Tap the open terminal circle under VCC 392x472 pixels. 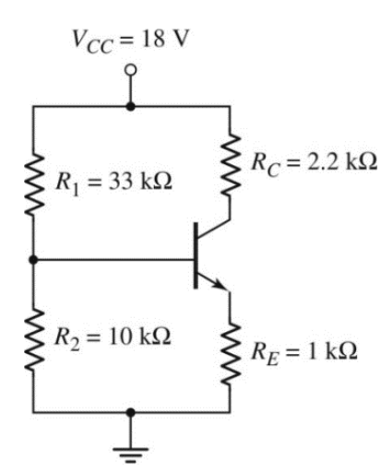(131, 72)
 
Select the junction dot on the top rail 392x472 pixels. (131, 107)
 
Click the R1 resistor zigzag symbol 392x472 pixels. (33, 183)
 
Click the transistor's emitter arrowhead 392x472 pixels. (221, 285)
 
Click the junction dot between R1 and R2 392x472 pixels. (33, 260)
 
